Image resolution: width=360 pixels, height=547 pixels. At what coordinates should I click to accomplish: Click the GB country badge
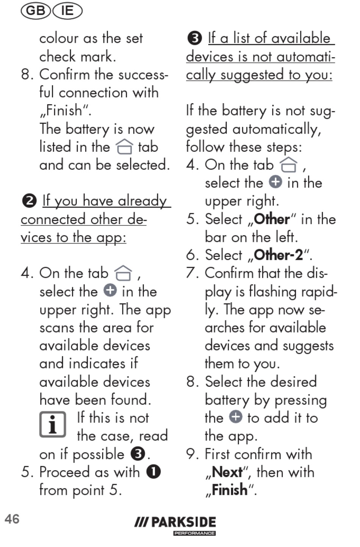coord(36,11)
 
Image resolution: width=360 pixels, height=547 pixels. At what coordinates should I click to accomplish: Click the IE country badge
coord(67,11)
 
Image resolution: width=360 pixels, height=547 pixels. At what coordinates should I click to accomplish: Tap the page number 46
coord(12,519)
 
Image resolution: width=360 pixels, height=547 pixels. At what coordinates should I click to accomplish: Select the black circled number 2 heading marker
coord(29,201)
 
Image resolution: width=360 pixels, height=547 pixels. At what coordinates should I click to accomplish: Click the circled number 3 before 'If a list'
coord(195,39)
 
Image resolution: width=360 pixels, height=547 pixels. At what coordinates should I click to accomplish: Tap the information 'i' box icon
coord(53,424)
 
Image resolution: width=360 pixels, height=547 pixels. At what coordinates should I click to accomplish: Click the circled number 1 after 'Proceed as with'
coord(153,472)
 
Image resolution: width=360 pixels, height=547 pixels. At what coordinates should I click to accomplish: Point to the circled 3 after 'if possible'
coord(138,454)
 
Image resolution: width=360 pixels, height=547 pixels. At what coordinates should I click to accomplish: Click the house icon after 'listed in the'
coord(124,147)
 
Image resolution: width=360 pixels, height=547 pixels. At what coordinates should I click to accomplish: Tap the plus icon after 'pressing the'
coord(236,417)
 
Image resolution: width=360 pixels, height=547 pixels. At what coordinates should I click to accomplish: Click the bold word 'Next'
coord(227,472)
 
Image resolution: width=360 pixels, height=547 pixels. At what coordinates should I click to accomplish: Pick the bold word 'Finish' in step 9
coord(230,490)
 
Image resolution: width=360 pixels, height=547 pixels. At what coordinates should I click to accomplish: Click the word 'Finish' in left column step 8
coord(64,110)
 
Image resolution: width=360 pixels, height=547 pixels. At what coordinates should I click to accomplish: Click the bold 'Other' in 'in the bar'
coord(272,219)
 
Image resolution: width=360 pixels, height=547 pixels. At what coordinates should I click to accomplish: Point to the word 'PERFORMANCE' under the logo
coord(195,533)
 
